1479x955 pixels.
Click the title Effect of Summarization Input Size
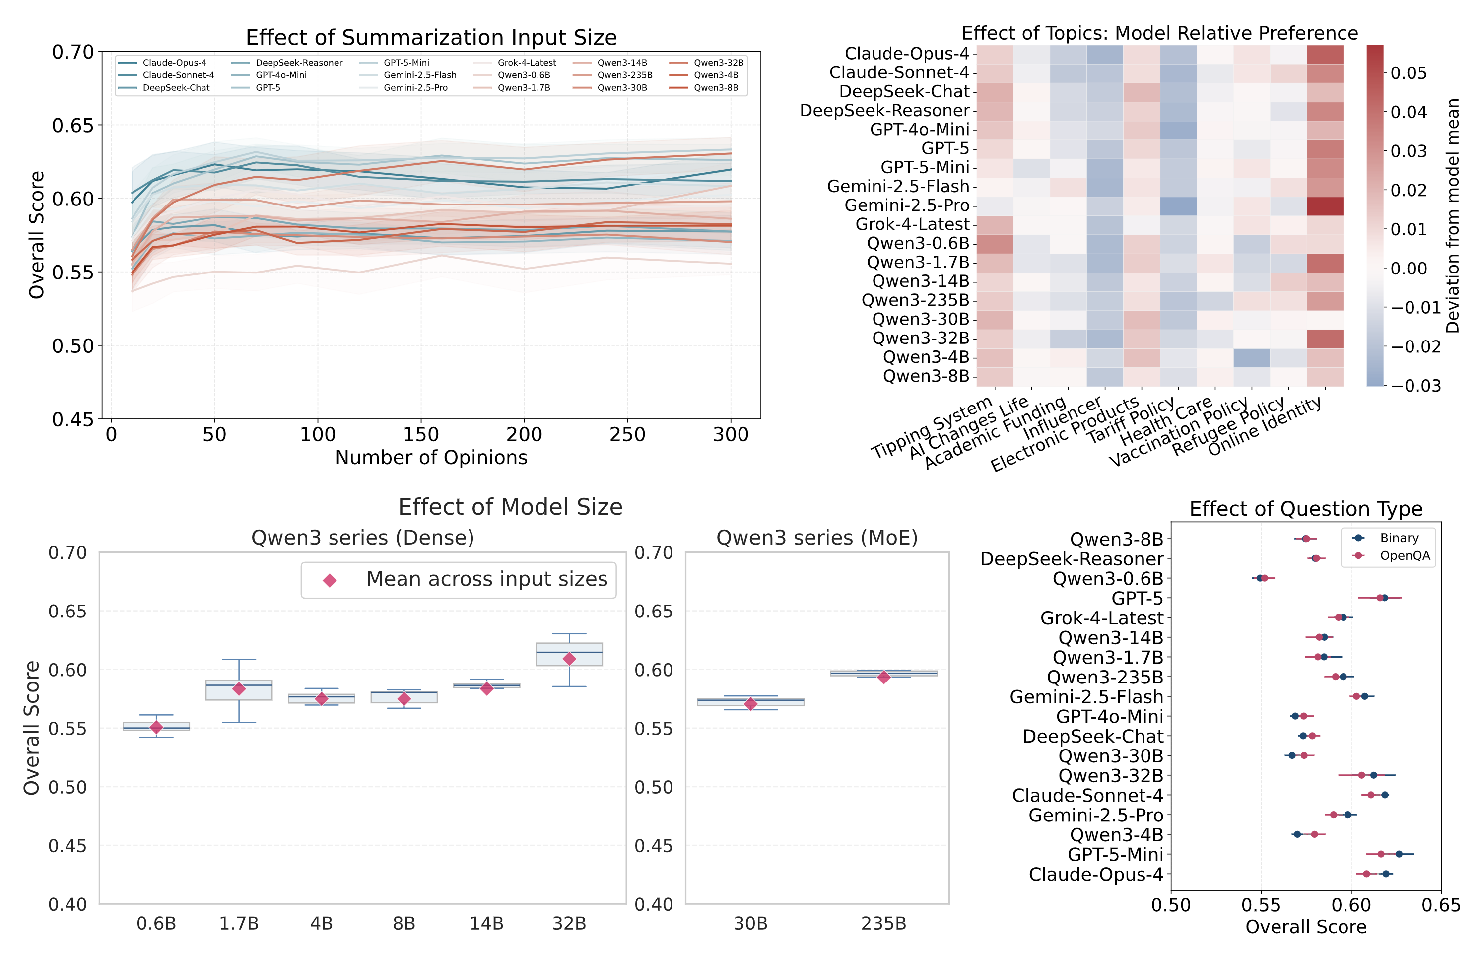tap(431, 37)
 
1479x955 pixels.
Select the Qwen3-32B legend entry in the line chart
tap(718, 63)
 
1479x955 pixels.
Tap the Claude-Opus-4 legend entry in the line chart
tap(174, 63)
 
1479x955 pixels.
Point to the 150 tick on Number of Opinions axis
tap(421, 435)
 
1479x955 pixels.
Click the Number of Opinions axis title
tap(431, 458)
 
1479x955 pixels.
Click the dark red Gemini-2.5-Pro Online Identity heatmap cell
tap(1325, 206)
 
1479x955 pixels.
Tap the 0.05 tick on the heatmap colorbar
tap(1409, 73)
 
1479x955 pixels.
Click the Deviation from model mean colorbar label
tap(1452, 215)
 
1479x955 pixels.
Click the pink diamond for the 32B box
tap(569, 659)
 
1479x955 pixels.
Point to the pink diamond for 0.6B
tap(156, 727)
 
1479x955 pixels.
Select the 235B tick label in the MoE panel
tap(883, 923)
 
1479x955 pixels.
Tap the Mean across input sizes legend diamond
tap(330, 580)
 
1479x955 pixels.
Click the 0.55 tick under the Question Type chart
tap(1260, 905)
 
